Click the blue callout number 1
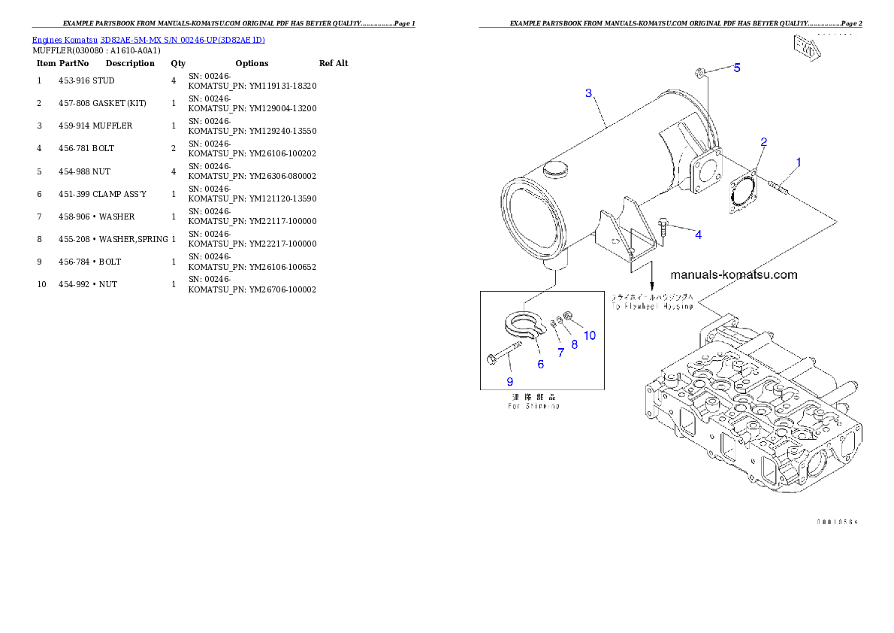coord(799,162)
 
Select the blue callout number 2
coord(763,142)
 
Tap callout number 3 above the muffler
coord(589,93)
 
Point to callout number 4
coord(698,235)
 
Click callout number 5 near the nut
coord(737,68)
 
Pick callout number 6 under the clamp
coord(540,365)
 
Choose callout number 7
coord(560,352)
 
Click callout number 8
coord(575,344)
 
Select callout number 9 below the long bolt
coord(509,381)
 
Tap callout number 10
coord(590,335)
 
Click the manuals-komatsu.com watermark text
coord(733,274)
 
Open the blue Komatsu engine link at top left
coord(148,39)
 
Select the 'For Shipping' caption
coord(533,406)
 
